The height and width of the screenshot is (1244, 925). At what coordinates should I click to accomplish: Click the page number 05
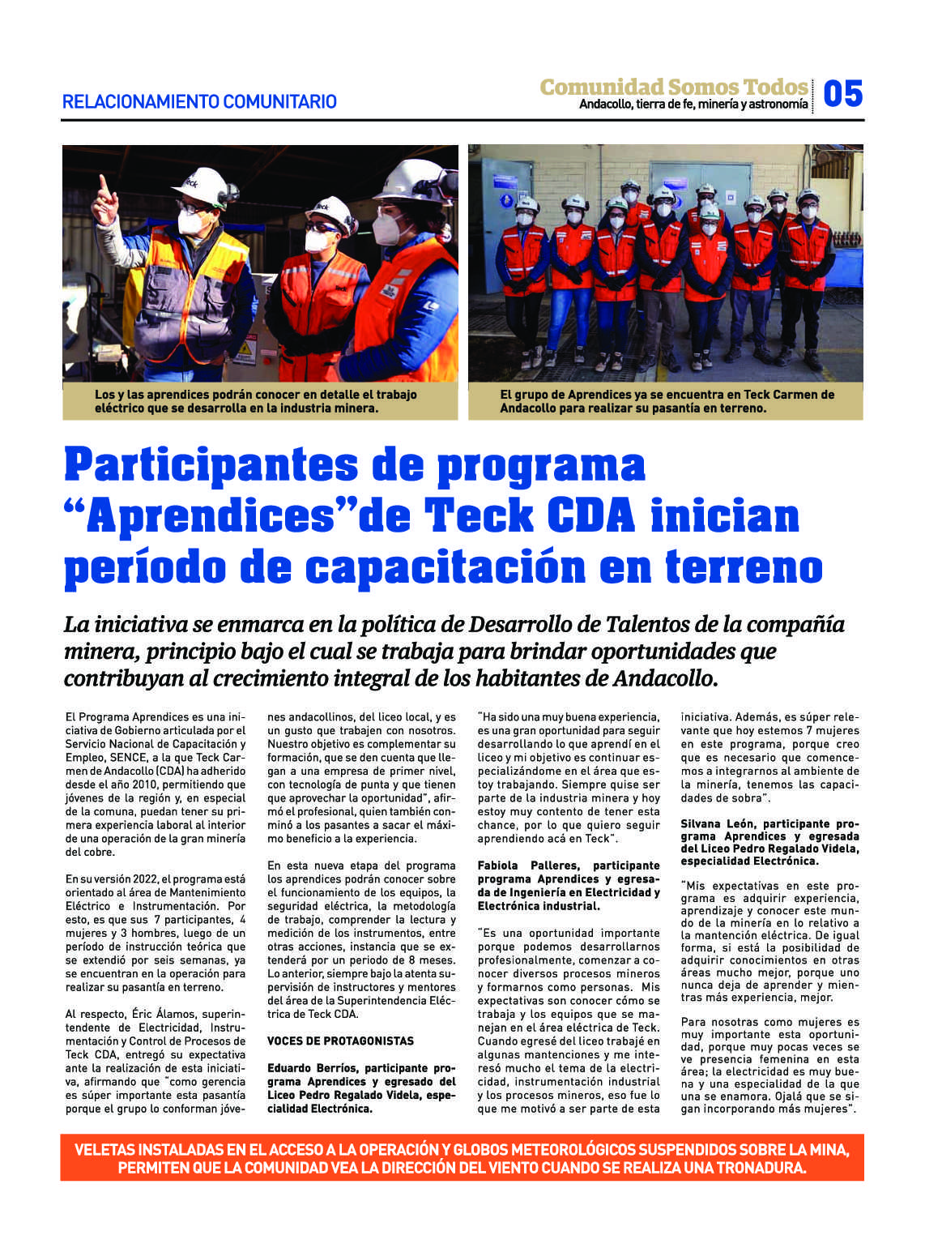[842, 94]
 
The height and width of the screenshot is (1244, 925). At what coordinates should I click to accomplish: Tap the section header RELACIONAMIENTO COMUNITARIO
[199, 102]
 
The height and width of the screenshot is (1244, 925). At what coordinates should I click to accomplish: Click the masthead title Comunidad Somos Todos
[674, 87]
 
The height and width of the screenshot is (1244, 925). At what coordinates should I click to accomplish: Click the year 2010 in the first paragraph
[144, 784]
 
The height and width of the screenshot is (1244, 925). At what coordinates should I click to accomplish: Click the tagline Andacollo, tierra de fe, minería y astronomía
[693, 105]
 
